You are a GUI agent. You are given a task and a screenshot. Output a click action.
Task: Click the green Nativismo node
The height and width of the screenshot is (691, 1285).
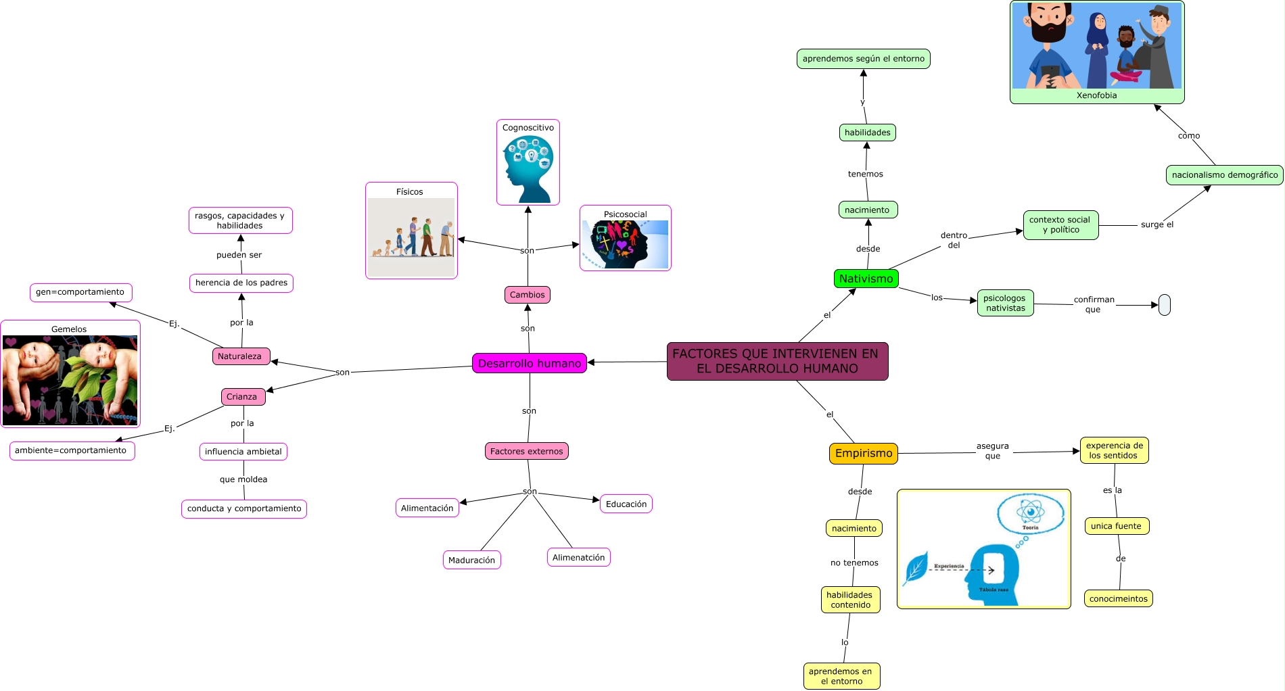click(x=866, y=279)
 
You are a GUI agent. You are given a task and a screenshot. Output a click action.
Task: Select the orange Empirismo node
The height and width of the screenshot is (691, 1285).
click(x=863, y=453)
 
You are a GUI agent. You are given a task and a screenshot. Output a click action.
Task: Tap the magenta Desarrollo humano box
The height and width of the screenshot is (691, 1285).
click(x=529, y=363)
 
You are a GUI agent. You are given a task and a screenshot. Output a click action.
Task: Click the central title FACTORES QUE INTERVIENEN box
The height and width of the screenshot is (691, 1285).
click(x=777, y=361)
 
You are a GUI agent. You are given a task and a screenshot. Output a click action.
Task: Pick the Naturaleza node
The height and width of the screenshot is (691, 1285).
click(x=241, y=356)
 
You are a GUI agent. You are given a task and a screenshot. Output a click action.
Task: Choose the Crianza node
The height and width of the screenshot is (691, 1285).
click(x=243, y=397)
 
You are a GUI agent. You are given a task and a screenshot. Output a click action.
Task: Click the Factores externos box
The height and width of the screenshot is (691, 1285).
click(x=526, y=451)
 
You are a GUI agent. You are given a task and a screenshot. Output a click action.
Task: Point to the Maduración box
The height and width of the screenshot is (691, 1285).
click(x=471, y=560)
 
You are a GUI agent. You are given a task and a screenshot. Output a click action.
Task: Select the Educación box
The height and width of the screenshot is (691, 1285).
click(x=626, y=504)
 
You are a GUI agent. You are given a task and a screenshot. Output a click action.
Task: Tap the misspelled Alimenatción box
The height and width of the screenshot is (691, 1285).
click(x=578, y=557)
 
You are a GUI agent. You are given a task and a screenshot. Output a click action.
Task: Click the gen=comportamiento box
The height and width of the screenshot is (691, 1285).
click(x=80, y=292)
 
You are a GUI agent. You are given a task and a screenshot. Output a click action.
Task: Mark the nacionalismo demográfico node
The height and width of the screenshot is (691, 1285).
click(x=1224, y=174)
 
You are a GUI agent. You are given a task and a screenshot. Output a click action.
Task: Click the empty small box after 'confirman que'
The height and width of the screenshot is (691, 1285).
click(x=1164, y=305)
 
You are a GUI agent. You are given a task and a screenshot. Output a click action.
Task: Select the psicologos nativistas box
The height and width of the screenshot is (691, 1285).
click(x=1005, y=303)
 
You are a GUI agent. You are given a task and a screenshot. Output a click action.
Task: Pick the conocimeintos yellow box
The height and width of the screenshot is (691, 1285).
click(x=1118, y=598)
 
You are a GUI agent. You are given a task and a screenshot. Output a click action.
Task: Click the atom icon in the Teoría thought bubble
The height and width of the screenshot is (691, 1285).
click(x=1030, y=512)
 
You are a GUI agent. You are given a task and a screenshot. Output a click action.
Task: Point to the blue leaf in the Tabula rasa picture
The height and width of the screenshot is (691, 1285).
click(x=916, y=568)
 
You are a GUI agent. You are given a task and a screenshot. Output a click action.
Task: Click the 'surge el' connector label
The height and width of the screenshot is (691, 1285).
click(x=1156, y=224)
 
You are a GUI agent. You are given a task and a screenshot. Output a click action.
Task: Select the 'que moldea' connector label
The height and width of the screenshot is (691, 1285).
click(x=243, y=479)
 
